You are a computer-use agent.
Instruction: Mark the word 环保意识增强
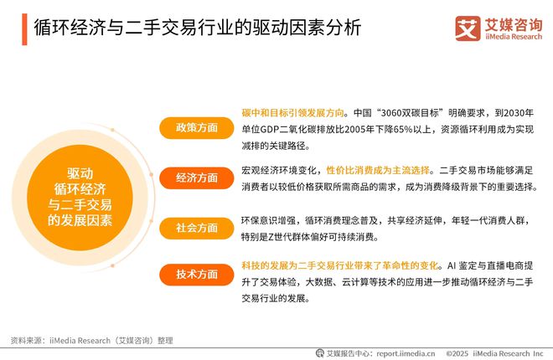pos(264,221)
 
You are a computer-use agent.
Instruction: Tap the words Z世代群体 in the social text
pos(301,236)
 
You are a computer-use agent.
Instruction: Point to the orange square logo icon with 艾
pos(468,28)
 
